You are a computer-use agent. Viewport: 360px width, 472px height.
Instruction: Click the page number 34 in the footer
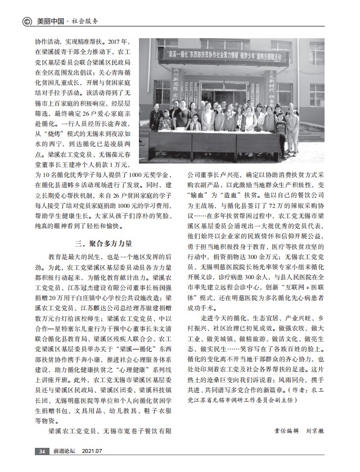(42, 451)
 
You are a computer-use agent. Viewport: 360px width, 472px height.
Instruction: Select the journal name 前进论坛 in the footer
(64, 451)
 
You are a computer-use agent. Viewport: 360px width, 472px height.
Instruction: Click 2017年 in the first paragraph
(118, 42)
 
